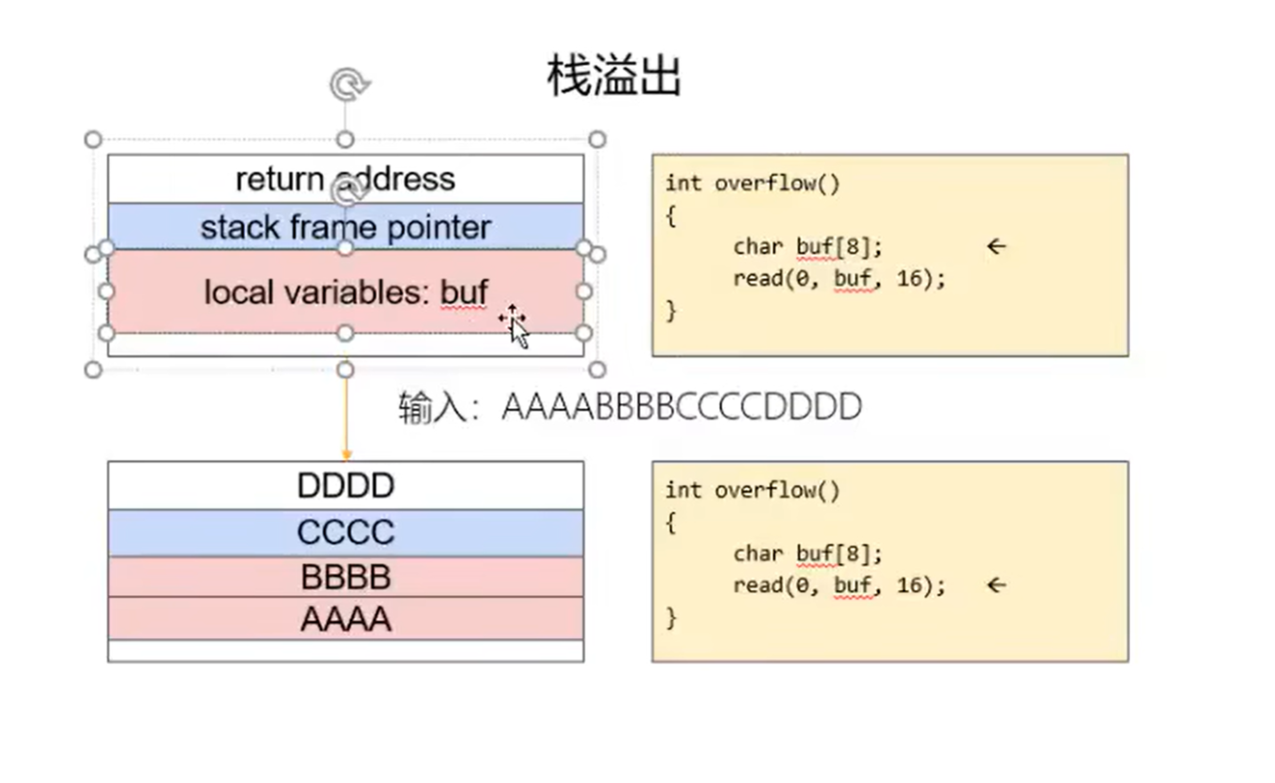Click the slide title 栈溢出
[613, 76]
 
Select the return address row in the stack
[345, 179]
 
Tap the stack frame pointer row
[345, 227]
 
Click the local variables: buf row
[345, 292]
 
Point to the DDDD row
[345, 486]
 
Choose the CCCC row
[345, 532]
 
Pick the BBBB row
[345, 577]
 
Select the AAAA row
[345, 619]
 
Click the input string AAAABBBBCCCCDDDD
[681, 408]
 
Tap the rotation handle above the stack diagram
[349, 85]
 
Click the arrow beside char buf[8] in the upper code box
[996, 246]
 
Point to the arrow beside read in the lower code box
[996, 585]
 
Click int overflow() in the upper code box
[752, 183]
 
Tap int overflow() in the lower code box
[752, 490]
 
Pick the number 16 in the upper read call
[908, 278]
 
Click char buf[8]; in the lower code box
[808, 553]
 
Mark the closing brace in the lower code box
[671, 617]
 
